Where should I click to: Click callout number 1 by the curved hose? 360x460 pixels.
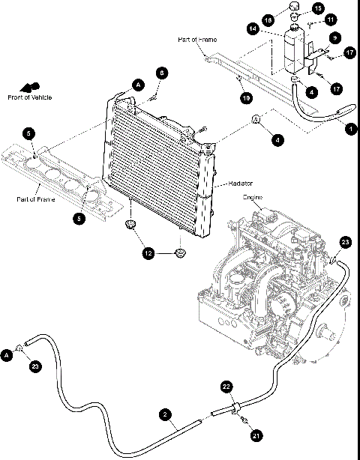[349, 128]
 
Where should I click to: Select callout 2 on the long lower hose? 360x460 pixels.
[163, 414]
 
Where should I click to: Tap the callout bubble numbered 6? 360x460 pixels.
[161, 73]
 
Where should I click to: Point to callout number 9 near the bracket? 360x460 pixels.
[334, 37]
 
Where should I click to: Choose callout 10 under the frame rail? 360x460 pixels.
[244, 97]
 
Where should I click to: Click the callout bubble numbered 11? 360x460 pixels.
[331, 19]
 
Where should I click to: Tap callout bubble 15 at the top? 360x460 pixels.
[318, 8]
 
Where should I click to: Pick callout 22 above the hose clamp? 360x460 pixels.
[227, 387]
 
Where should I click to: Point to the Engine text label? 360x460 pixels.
[252, 198]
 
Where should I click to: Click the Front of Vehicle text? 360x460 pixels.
[28, 97]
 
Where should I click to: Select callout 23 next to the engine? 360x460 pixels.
[345, 242]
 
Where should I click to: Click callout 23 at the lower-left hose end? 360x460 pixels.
[36, 366]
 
